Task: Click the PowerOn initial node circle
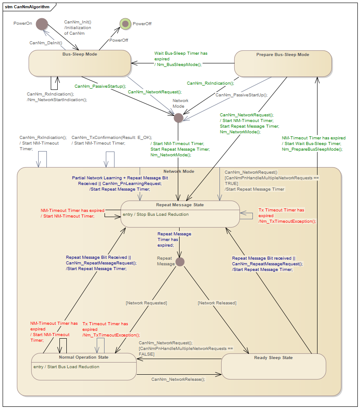(x=42, y=24)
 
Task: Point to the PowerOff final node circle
(x=125, y=23)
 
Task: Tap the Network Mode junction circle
(x=178, y=118)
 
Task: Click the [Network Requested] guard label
(x=146, y=303)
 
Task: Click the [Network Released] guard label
(x=217, y=303)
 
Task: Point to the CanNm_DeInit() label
(x=46, y=43)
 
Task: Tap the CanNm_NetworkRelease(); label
(x=178, y=379)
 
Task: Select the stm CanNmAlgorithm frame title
(x=24, y=7)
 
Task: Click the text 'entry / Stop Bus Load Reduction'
(x=156, y=214)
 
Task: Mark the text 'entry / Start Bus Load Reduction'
(x=66, y=367)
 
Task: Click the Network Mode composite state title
(x=179, y=172)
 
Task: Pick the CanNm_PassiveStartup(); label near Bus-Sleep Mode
(x=100, y=86)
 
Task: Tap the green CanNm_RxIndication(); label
(x=210, y=83)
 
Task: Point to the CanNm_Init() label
(x=78, y=22)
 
